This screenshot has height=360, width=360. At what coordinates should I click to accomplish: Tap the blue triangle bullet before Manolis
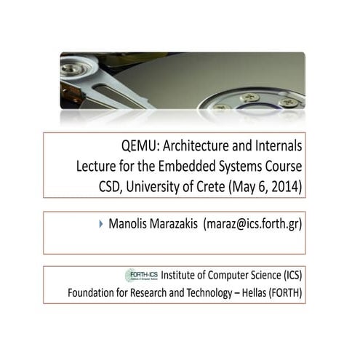(x=101, y=224)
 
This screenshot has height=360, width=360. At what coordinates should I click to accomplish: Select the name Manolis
(x=129, y=224)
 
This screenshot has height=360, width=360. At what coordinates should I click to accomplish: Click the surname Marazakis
(x=175, y=224)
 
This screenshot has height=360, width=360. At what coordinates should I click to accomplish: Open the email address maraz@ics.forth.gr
(x=253, y=224)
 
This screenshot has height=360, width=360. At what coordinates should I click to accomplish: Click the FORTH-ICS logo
(x=141, y=275)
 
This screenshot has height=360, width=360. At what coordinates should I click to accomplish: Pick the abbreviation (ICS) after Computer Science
(x=288, y=275)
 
